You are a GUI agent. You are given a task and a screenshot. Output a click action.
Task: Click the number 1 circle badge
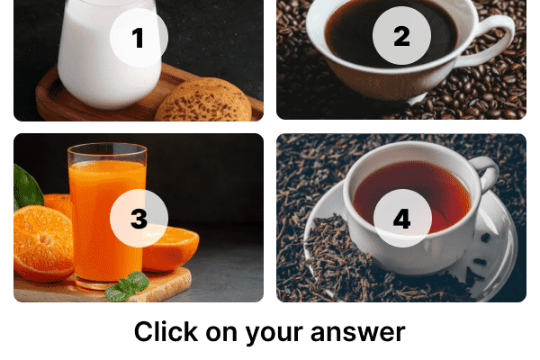(x=139, y=37)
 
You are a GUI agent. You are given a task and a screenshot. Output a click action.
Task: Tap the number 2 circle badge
(x=401, y=35)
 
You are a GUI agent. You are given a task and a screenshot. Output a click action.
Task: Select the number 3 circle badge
(x=139, y=218)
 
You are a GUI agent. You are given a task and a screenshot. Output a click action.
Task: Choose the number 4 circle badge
(x=402, y=218)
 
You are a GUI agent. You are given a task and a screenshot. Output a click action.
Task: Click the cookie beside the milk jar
(x=204, y=101)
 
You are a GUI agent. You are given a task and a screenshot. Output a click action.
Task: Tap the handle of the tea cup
(x=487, y=172)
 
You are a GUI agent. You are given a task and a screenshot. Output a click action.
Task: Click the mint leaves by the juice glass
(x=128, y=286)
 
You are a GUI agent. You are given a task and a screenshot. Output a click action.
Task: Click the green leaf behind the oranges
(x=27, y=186)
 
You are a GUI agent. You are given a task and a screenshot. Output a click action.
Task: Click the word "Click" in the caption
(x=166, y=331)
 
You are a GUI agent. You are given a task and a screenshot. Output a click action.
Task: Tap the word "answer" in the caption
(x=358, y=333)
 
